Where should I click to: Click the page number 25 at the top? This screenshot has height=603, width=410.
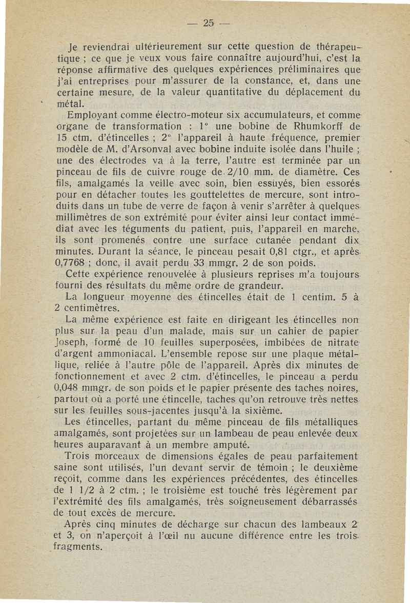(208, 23)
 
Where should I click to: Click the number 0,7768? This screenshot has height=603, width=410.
(72, 263)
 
